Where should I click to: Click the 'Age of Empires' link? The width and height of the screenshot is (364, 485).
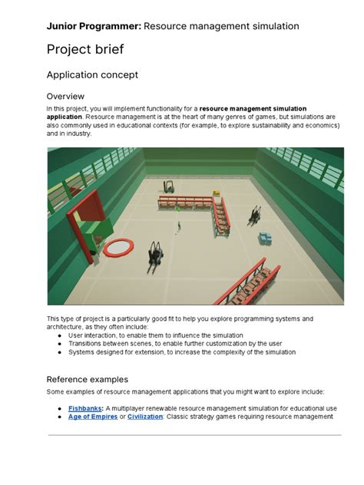tap(93, 417)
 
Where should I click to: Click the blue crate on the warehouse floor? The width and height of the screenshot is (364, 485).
tap(265, 239)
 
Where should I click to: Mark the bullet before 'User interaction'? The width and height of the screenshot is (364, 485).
tap(60, 335)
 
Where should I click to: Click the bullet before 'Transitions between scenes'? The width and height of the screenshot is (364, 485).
tap(60, 344)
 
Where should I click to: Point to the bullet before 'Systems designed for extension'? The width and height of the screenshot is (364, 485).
tap(60, 352)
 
